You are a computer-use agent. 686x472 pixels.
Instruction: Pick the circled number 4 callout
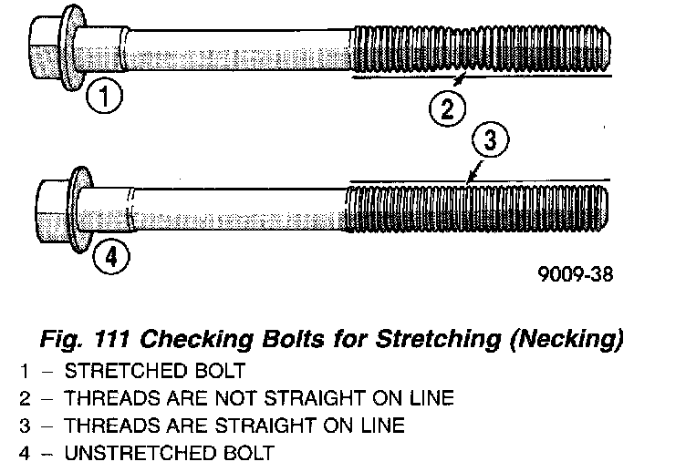click(x=110, y=258)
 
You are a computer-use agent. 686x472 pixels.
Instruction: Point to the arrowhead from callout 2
click(x=464, y=78)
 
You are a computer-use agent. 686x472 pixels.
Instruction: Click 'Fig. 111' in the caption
click(x=85, y=341)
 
